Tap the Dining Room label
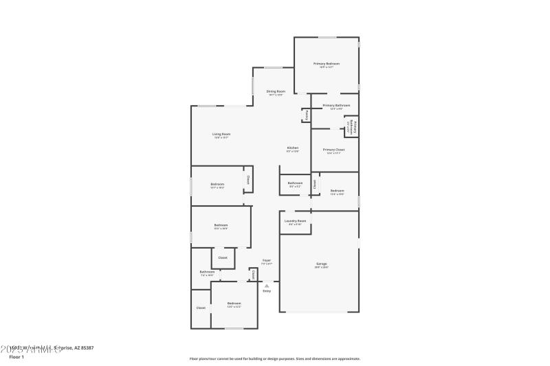click(x=276, y=91)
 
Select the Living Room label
click(x=221, y=134)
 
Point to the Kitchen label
click(x=292, y=148)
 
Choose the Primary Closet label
click(x=335, y=149)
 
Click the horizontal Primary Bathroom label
click(x=336, y=105)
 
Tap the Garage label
click(x=321, y=264)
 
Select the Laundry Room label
click(x=296, y=220)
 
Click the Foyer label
click(x=267, y=260)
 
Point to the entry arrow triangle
click(x=267, y=285)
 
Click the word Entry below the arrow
click(x=267, y=291)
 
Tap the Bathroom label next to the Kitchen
click(x=295, y=183)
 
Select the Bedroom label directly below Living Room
click(x=217, y=183)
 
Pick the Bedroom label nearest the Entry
click(x=234, y=303)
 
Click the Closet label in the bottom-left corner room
click(x=201, y=308)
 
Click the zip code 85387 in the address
click(x=86, y=348)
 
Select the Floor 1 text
click(x=16, y=357)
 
